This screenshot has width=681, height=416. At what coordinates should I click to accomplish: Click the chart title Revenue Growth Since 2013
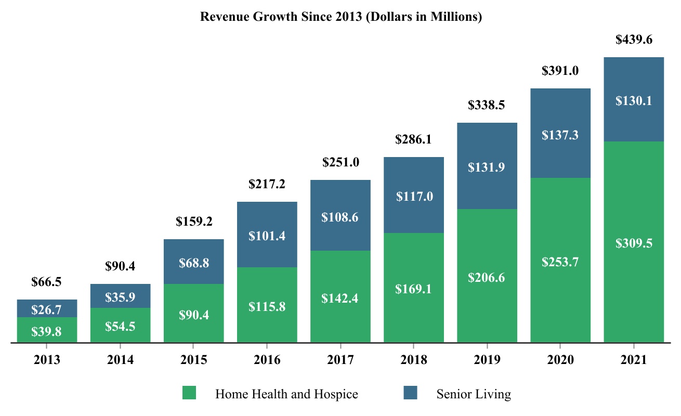341,17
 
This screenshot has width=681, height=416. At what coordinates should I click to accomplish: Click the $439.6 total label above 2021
634,40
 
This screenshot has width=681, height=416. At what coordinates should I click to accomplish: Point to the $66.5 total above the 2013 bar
46,282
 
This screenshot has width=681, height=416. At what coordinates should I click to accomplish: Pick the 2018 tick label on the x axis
413,360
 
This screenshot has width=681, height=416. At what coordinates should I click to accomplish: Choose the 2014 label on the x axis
120,360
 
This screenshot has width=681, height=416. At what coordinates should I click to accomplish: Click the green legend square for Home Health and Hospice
189,393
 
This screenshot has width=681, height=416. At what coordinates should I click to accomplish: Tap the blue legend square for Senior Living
411,393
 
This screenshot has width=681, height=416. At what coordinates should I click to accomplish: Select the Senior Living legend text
474,394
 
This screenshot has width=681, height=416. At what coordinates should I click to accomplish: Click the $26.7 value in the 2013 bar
46,310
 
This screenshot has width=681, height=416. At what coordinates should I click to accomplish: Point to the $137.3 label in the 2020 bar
560,135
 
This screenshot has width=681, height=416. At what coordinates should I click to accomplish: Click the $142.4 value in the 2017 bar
340,298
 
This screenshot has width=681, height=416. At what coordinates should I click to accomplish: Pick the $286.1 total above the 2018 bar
413,139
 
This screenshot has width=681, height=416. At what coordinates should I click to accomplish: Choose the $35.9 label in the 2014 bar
120,297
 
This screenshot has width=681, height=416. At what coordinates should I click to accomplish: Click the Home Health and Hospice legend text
286,394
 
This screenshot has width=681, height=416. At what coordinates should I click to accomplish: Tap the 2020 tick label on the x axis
560,360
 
